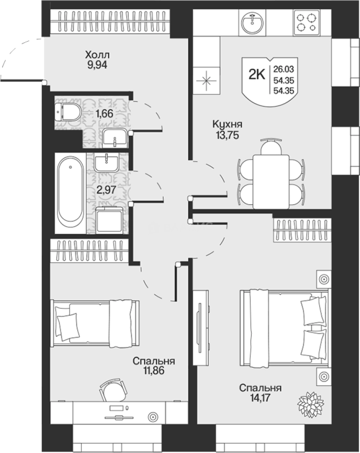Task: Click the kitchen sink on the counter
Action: [252, 23]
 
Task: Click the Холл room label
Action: [97, 54]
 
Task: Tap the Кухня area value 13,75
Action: [227, 135]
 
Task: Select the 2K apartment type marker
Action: [256, 75]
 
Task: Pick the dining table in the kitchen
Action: [271, 182]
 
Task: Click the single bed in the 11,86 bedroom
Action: [95, 323]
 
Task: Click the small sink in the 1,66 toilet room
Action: [114, 138]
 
